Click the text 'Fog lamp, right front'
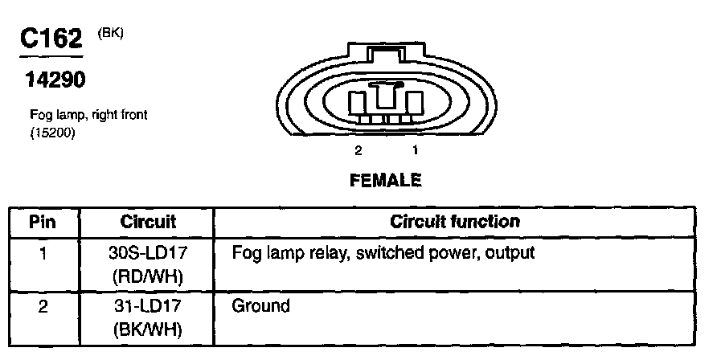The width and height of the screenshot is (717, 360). coord(88,116)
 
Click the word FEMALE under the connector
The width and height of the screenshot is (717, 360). coord(386,181)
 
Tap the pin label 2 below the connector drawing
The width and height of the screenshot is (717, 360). coord(358,150)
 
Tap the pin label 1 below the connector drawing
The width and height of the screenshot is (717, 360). coord(415,150)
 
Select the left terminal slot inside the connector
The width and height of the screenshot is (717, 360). coord(358,102)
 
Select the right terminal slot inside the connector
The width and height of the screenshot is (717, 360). coord(414,102)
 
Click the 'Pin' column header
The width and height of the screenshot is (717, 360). coord(43,221)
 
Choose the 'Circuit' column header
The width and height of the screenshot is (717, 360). coord(148,221)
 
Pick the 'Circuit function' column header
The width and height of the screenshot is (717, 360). coord(455,221)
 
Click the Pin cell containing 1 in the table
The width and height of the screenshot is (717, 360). coord(43,253)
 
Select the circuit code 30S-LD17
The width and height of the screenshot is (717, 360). coord(148,253)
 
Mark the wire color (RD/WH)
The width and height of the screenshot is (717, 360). coord(148,276)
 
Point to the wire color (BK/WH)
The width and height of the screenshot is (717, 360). coord(148,329)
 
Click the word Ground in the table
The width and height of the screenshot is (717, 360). coord(260,306)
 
